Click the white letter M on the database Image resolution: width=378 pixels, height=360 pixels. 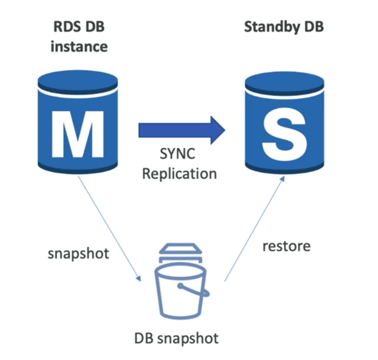[78, 134]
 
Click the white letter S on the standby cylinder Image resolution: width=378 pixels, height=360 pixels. [284, 134]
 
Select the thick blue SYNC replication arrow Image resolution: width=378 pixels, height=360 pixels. [182, 130]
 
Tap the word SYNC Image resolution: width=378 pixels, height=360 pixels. [177, 153]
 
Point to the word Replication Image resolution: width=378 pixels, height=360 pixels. [179, 174]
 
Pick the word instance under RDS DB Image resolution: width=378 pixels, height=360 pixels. [79, 46]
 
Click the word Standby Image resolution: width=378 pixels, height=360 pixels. [272, 27]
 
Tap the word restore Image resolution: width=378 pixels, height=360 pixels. [286, 246]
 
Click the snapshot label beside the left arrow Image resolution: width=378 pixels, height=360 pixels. [78, 254]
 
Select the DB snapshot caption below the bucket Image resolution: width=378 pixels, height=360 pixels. [176, 338]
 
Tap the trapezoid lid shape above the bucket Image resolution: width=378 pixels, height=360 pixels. [180, 248]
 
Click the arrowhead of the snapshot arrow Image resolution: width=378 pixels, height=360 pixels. [138, 279]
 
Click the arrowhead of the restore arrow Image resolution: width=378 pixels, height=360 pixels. [282, 179]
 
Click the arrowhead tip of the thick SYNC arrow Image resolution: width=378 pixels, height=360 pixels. [225, 130]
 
